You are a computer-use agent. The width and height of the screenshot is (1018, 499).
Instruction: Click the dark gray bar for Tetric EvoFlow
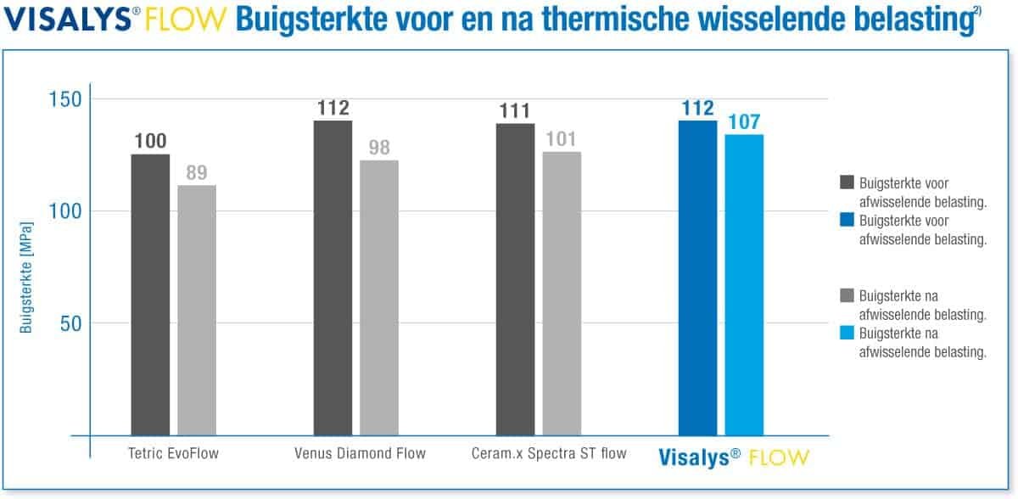(150, 294)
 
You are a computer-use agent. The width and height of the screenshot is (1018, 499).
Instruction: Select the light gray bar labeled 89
(197, 310)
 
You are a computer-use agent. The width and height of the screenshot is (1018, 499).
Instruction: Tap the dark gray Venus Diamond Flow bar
(333, 277)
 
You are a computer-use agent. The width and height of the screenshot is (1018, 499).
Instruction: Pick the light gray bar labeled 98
(379, 297)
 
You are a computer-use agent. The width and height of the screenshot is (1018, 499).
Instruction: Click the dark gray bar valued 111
(515, 278)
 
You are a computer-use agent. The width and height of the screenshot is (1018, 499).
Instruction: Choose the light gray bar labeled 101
(562, 293)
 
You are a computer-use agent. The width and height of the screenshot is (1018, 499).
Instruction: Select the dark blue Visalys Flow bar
(697, 277)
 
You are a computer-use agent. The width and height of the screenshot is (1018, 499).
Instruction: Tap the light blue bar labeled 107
(744, 284)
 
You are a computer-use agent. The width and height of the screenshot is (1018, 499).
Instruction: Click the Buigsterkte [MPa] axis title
(27, 278)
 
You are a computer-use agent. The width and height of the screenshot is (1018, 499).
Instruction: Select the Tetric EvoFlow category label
(170, 453)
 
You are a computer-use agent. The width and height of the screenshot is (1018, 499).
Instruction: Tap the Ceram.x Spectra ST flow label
(549, 453)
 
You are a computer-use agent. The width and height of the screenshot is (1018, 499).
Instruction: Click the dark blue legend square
(846, 221)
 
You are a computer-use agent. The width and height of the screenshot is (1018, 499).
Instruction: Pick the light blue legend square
(846, 334)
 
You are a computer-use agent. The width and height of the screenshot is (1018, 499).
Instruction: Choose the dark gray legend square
(846, 182)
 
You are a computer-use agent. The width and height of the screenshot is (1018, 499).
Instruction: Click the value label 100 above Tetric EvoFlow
(150, 142)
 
